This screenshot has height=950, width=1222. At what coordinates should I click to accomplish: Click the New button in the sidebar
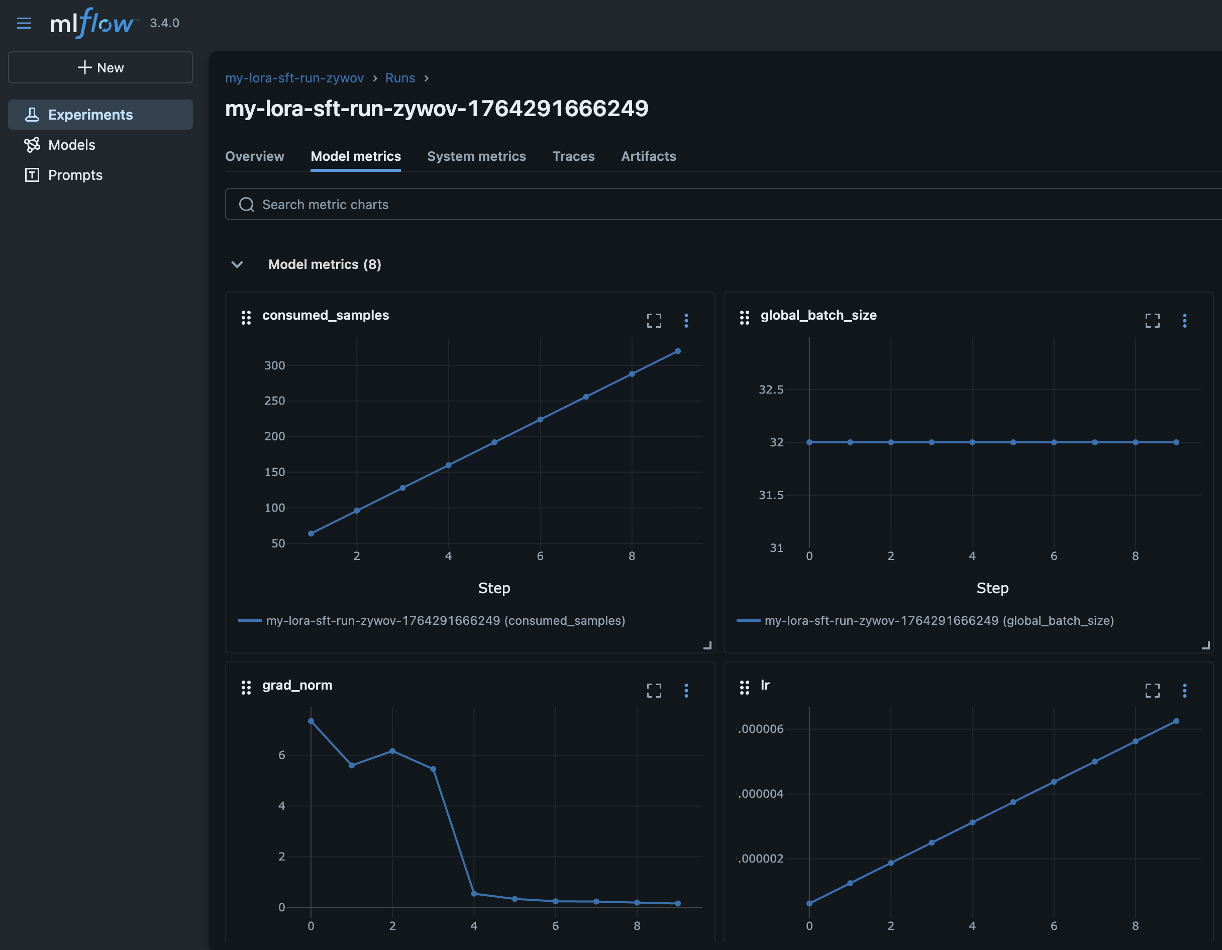coord(100,68)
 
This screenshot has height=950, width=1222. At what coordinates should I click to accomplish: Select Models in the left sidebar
coord(72,145)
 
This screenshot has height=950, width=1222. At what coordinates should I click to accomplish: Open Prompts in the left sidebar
coord(75,175)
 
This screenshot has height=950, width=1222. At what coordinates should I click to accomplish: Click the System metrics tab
coord(476,156)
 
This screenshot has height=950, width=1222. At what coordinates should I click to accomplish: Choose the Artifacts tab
coord(648,156)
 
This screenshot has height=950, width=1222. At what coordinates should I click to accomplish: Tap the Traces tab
coord(573,156)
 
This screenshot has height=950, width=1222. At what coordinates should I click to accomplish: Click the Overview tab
coord(255,156)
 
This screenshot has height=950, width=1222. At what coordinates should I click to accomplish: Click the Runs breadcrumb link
coord(400,78)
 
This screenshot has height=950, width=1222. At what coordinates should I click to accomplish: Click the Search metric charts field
coord(671,205)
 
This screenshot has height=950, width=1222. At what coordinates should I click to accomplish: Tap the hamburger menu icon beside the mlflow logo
coord(24,23)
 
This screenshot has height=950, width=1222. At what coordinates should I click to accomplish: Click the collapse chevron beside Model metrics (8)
coord(237,264)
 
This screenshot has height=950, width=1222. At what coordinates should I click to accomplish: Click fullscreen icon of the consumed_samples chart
coord(654,320)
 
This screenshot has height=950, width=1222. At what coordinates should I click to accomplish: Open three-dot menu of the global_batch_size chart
coord(1184,320)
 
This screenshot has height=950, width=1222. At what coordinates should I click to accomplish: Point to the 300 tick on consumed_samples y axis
coord(274,365)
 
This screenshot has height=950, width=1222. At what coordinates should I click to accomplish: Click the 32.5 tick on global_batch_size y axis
coord(770,390)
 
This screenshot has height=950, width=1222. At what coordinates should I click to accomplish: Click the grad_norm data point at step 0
coord(311,721)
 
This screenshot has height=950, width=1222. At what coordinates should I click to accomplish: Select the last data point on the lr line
coord(1176,721)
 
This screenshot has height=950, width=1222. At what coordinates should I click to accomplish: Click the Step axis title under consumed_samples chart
coord(493,588)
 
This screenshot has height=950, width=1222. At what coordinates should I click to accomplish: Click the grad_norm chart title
coord(297,685)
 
